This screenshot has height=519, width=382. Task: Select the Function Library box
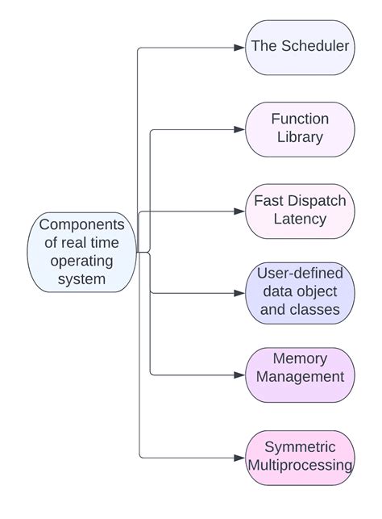(300, 128)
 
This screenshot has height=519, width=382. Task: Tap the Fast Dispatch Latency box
(300, 211)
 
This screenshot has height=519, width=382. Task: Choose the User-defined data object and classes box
(300, 292)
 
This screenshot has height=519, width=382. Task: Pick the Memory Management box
(300, 375)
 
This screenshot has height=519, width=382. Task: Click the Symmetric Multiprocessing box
(300, 457)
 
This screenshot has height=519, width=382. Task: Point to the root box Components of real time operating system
(81, 252)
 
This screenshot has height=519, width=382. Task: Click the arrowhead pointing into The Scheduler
(239, 48)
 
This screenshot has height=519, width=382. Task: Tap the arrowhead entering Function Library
(239, 129)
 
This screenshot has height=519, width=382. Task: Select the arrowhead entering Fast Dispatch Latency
(239, 211)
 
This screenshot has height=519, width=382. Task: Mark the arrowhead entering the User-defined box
(239, 293)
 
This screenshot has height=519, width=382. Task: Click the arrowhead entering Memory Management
(239, 375)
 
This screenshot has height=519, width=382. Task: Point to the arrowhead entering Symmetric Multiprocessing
(239, 457)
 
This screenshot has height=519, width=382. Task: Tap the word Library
(300, 137)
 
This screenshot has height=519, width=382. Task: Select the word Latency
(300, 220)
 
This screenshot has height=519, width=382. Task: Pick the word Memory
(300, 358)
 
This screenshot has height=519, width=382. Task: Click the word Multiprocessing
(300, 466)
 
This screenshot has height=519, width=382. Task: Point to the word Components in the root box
(81, 224)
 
